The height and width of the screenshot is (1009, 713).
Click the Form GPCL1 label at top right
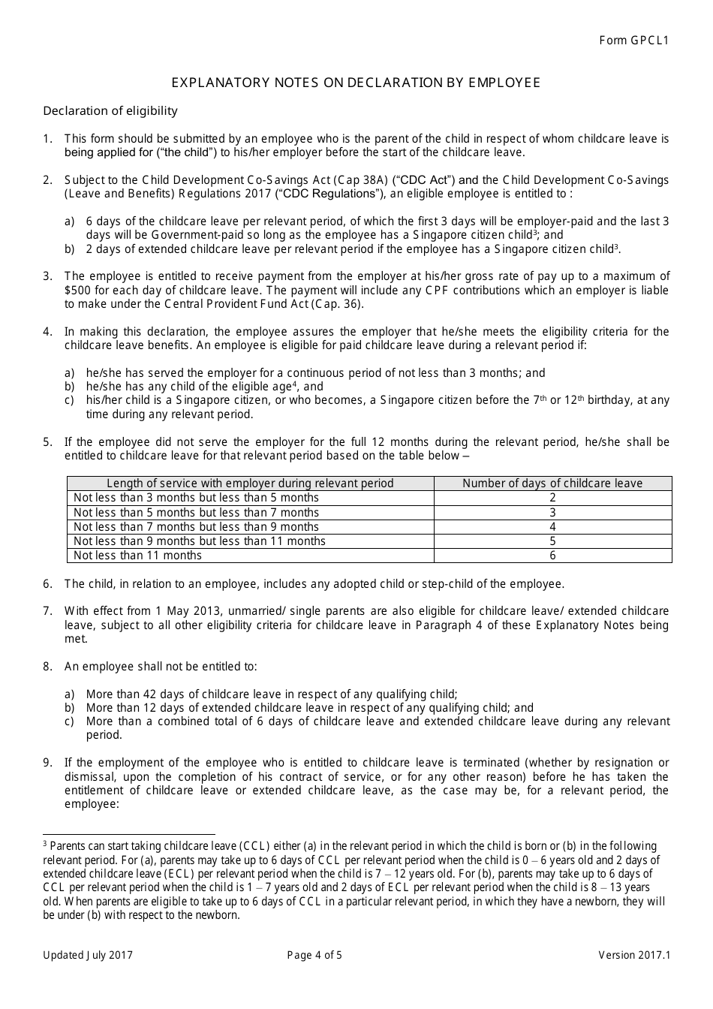pyautogui.click(x=633, y=40)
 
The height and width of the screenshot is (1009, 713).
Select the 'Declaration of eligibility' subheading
pyautogui.click(x=110, y=111)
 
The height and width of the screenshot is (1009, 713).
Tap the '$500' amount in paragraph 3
pyautogui.click(x=77, y=291)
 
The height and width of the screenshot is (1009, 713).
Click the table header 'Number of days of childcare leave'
pyautogui.click(x=552, y=483)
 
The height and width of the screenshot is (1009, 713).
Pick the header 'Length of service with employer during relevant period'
pyautogui.click(x=250, y=483)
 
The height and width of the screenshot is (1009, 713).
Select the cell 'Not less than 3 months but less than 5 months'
pyautogui.click(x=196, y=498)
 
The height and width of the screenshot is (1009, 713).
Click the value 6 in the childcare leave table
pyautogui.click(x=552, y=556)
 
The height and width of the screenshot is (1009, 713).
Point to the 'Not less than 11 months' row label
pyautogui.click(x=137, y=556)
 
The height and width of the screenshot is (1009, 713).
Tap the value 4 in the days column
pyautogui.click(x=552, y=527)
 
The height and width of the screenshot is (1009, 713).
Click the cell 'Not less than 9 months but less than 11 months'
pyautogui.click(x=200, y=541)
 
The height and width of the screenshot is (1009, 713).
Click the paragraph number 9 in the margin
pyautogui.click(x=47, y=763)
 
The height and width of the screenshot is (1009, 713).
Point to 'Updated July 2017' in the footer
pyautogui.click(x=88, y=955)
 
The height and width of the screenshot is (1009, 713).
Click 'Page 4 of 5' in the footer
pyautogui.click(x=314, y=955)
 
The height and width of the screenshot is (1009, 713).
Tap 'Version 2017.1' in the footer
pyautogui.click(x=633, y=955)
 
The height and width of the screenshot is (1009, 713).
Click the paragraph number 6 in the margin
pyautogui.click(x=47, y=584)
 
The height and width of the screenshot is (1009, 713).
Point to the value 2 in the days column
pyautogui.click(x=552, y=498)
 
